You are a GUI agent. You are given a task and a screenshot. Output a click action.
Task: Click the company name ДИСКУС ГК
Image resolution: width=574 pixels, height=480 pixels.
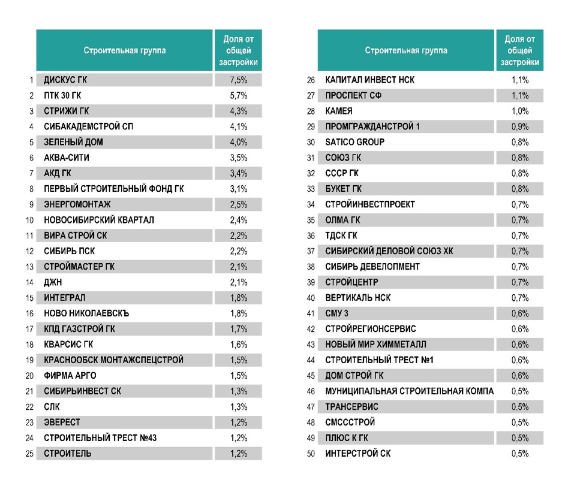65,80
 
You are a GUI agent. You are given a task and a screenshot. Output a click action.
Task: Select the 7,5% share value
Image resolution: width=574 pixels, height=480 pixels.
239,80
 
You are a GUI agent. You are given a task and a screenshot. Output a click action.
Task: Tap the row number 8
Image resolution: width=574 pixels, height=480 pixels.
31,189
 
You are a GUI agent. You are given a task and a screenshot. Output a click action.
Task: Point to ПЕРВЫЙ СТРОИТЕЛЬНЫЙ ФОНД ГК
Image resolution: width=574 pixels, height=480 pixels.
114,189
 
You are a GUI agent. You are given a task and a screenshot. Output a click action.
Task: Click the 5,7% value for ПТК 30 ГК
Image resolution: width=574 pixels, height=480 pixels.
239,95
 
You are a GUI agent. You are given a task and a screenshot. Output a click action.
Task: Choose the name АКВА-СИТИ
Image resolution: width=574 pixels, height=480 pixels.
67,158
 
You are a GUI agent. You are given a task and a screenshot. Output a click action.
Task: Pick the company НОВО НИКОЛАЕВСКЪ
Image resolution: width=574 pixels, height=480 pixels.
86,313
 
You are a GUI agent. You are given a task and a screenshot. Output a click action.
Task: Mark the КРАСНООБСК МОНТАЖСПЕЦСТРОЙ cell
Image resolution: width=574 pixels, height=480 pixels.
113,360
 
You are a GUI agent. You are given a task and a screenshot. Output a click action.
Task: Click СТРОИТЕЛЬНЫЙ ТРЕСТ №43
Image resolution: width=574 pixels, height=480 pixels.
100,438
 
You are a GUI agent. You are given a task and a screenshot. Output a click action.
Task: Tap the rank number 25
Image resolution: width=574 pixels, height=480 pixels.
29,454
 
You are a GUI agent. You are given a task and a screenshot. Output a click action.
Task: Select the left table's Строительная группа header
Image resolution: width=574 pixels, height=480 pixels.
125,50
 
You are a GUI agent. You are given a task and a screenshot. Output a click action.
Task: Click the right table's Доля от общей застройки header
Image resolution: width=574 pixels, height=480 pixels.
520,50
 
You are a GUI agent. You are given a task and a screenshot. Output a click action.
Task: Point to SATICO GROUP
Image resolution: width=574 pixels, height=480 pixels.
354,142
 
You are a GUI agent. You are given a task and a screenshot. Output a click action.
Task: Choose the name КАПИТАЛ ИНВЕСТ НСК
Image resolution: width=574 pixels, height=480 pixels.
369,80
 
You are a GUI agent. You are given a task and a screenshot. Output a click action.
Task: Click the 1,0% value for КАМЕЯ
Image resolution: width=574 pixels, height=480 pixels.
520,111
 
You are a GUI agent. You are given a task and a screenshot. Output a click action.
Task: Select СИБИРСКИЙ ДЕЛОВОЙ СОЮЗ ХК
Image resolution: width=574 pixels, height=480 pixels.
389,251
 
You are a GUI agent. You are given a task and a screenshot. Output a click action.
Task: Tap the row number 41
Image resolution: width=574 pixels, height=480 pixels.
311,313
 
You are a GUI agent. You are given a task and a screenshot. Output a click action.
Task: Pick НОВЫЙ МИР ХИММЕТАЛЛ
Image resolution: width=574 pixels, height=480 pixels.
375,345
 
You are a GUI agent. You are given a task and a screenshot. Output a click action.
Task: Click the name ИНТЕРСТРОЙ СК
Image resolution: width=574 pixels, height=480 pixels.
357,454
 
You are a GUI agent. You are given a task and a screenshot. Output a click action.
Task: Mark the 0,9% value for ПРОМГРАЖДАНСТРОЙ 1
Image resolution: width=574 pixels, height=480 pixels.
520,126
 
